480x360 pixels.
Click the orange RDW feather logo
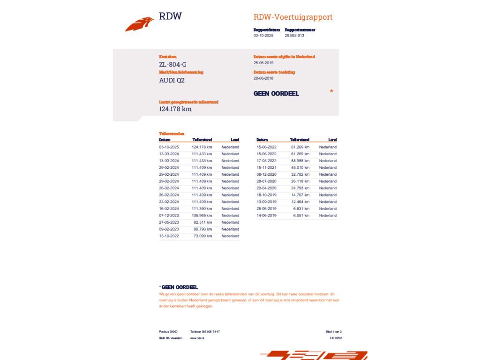[x=139, y=23]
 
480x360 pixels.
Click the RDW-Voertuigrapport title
[x=293, y=17]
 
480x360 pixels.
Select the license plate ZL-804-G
[x=173, y=64]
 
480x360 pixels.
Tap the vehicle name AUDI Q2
[x=172, y=80]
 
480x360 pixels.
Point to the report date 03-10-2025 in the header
[x=263, y=36]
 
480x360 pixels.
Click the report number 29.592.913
[x=294, y=36]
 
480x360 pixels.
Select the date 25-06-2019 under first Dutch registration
[x=263, y=63]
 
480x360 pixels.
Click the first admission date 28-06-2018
[x=263, y=78]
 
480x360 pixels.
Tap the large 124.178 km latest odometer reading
[x=175, y=109]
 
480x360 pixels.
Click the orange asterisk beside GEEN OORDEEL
[x=331, y=91]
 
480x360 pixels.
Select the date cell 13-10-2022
[x=169, y=236]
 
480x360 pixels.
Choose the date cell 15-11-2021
[x=266, y=167]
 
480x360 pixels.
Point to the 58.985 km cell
[x=300, y=161]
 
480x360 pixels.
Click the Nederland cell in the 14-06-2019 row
[x=328, y=216]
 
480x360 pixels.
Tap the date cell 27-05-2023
[x=169, y=223]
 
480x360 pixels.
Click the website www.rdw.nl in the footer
[x=197, y=338]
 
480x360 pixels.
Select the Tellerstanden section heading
[x=172, y=134]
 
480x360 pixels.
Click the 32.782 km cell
[x=300, y=174]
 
